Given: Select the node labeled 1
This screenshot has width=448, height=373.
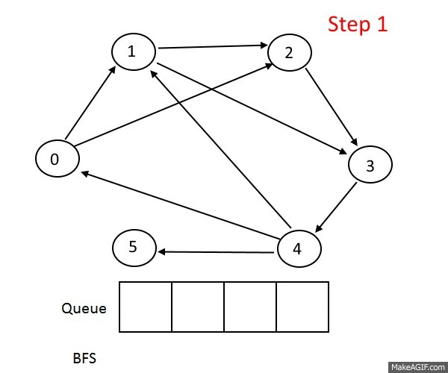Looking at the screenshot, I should coord(133,51).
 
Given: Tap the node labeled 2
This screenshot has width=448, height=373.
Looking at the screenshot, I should coord(289,52).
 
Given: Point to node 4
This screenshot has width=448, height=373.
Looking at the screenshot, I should coord(299,248).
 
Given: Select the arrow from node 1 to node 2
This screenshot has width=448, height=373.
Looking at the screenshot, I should coord(213,48).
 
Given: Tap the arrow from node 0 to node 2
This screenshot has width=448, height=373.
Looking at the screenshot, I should coord(172,105).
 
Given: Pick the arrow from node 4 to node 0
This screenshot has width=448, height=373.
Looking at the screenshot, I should coord(179,206).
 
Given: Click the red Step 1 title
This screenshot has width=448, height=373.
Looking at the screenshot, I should coord(358,24).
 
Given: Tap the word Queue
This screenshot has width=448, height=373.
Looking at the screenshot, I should coord(83,308).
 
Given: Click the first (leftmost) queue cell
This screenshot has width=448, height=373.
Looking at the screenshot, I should coord(146,307).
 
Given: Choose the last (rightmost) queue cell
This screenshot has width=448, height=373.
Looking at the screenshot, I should coord(302,307).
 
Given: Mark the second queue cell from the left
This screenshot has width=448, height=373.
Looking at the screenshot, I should coord(198,307).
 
